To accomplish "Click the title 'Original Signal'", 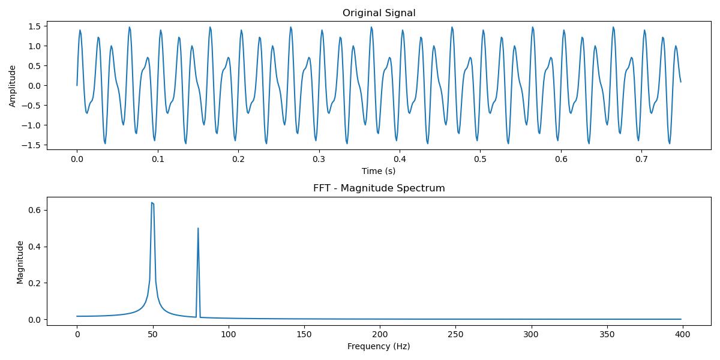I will [379, 13].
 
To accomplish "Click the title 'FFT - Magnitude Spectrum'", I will [379, 188].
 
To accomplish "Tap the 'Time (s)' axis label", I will [379, 171].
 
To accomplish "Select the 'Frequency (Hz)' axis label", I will [379, 346].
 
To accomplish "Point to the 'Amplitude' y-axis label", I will [13, 85].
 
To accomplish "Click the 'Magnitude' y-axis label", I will [20, 262].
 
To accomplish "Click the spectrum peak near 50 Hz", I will [152, 203].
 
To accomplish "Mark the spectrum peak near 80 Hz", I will [198, 228].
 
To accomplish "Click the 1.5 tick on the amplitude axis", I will [35, 26].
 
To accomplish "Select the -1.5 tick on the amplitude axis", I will [32, 145].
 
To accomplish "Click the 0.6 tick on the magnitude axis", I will [35, 210].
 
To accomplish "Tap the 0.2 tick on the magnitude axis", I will [35, 283].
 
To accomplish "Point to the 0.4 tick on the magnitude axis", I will [35, 247].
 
